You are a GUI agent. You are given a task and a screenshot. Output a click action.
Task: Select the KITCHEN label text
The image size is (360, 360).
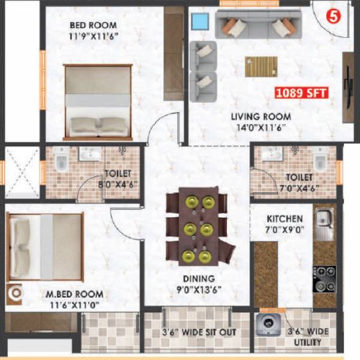coord(285,219)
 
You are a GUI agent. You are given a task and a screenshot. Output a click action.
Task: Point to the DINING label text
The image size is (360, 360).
coord(199,278)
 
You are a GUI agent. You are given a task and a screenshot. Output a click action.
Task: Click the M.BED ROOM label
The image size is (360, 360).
coord(74,295)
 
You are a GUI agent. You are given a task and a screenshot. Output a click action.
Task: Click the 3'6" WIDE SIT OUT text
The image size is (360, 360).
coord(198,332)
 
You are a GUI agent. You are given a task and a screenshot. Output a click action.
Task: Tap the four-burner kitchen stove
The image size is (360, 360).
coord(323,274)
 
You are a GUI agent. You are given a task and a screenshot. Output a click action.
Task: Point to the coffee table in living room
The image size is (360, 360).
coord(261,66)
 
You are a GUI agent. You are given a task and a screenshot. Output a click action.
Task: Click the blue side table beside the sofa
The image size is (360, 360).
coord(199,22)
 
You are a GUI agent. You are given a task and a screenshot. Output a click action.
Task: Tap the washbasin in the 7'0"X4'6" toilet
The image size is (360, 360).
coord(271,155)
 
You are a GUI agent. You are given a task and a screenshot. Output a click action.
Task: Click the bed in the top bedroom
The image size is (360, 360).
coord(98,102)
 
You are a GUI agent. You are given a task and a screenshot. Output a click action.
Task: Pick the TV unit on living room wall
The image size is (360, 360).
coord(348,87)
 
